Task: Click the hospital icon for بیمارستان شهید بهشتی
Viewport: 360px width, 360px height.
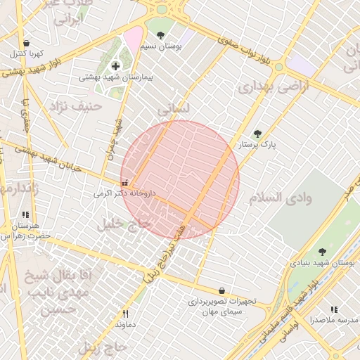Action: (116, 66)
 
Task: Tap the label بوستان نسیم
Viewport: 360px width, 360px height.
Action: (161, 46)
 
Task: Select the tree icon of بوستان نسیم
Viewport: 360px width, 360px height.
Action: (161, 35)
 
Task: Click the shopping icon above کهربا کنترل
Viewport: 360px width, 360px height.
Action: (26, 43)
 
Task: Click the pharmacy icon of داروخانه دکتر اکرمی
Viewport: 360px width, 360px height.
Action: (125, 184)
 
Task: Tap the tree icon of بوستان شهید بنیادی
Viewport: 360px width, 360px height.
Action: (322, 252)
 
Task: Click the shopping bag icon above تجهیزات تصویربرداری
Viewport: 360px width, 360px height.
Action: (222, 290)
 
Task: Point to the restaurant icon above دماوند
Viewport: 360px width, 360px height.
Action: (126, 314)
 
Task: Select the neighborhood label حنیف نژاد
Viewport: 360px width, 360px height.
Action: (76, 106)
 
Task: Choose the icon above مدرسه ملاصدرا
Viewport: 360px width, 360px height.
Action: (334, 309)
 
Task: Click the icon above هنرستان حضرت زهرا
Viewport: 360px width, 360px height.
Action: (26, 215)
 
